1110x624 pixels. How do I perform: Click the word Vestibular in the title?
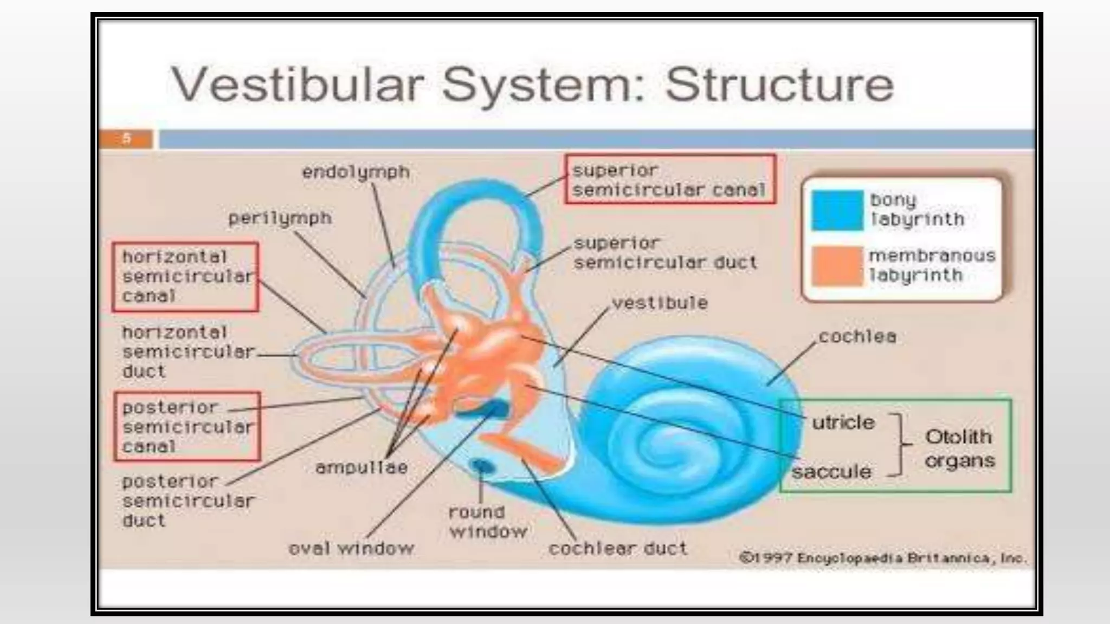tap(297, 85)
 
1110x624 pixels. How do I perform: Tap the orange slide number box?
tap(126, 139)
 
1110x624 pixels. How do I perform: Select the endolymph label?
tap(356, 172)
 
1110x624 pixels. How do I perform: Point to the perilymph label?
tap(280, 218)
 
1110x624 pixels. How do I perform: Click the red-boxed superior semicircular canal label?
tap(670, 180)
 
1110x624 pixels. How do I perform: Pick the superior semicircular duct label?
tap(664, 253)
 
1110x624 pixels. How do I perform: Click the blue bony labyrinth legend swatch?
tap(837, 210)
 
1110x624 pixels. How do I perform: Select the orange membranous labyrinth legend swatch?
tap(837, 266)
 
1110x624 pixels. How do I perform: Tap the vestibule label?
tap(660, 303)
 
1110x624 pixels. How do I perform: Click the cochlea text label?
tap(857, 337)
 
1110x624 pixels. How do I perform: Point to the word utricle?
tap(843, 422)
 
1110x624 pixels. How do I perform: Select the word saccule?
tap(831, 472)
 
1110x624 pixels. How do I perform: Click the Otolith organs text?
tap(959, 448)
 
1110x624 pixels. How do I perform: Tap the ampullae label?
tap(362, 467)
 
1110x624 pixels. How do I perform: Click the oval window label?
tap(351, 549)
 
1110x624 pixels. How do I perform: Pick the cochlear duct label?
tap(618, 549)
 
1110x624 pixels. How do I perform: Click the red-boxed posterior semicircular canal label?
tap(187, 427)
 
